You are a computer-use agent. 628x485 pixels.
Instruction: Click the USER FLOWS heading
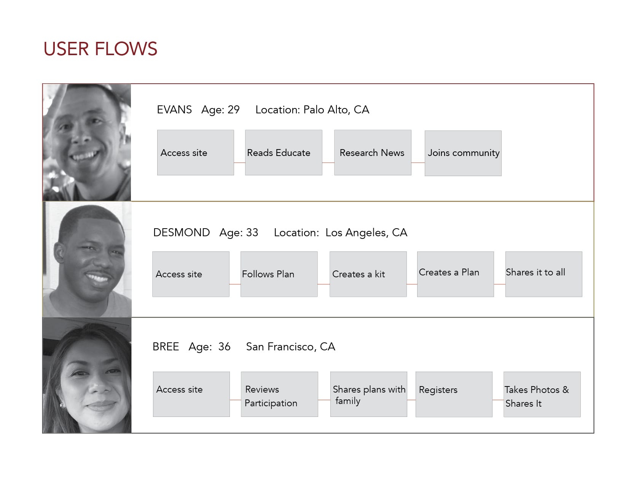click(x=100, y=49)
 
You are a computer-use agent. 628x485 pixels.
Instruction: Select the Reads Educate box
click(x=284, y=153)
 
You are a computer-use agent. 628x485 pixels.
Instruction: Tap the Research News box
click(x=373, y=153)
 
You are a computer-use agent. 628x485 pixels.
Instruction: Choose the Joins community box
click(x=463, y=153)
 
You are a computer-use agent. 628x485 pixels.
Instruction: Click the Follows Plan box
click(x=279, y=274)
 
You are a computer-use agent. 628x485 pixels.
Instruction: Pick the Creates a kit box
click(x=368, y=274)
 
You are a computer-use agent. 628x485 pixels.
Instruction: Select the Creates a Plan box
click(x=456, y=274)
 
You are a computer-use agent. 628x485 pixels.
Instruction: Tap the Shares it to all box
click(x=544, y=274)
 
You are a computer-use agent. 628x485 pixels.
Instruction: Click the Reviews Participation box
click(x=279, y=394)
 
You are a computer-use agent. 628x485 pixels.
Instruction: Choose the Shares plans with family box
click(x=369, y=394)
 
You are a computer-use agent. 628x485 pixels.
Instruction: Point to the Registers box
click(x=454, y=394)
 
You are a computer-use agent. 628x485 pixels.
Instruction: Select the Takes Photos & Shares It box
click(x=542, y=394)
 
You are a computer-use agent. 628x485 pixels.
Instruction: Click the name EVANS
click(x=174, y=110)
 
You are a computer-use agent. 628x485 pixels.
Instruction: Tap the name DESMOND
click(x=182, y=232)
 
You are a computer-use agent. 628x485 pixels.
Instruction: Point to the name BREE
click(x=166, y=347)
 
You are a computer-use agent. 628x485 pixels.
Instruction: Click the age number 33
click(x=252, y=232)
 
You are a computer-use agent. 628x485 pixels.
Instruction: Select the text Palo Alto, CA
click(x=336, y=110)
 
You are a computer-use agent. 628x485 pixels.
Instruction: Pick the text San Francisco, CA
click(x=290, y=347)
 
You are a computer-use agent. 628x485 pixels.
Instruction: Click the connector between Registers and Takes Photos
click(x=498, y=400)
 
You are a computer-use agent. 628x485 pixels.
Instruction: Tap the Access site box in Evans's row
click(x=195, y=153)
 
